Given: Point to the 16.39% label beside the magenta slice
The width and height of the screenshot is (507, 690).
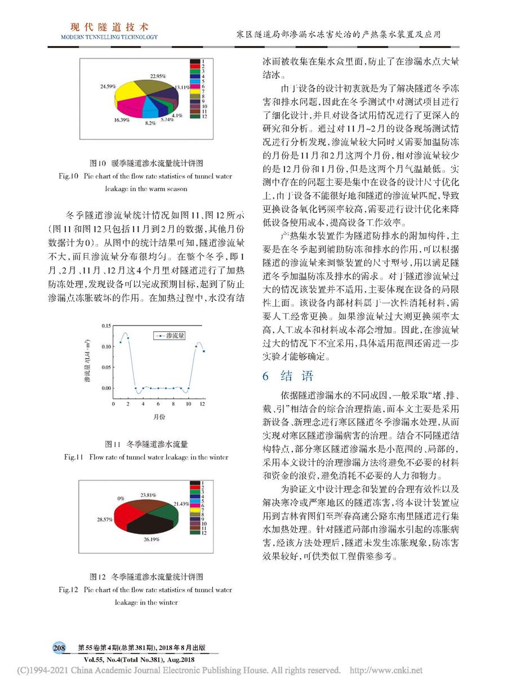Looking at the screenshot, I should [122, 119].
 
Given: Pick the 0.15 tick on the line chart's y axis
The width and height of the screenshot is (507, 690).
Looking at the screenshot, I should [105, 326].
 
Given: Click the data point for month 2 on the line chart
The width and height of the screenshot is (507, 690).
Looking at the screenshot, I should [128, 338].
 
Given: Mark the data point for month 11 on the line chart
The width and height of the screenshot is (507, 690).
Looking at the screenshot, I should [195, 347].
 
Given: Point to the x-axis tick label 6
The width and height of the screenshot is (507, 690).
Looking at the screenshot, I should [158, 405].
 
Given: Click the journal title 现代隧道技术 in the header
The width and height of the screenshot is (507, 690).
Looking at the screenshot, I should [109, 26].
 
